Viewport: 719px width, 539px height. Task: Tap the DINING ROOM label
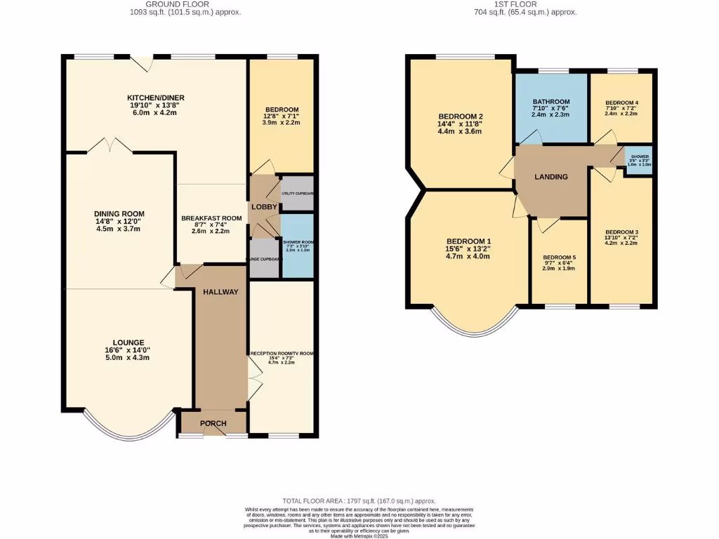coord(119,214)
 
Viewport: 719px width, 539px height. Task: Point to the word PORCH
coord(213,423)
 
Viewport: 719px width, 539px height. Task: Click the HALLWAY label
coord(220,292)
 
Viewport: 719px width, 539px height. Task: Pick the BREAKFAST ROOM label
coord(211,218)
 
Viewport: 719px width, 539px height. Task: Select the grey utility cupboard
coord(296,193)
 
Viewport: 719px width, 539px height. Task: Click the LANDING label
coord(551,177)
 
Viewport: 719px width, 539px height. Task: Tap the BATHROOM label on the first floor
coord(551,102)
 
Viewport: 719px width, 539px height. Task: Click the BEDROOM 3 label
coord(621,232)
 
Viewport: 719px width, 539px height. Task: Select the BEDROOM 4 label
coord(621,103)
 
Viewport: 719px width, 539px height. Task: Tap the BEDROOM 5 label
coord(558,257)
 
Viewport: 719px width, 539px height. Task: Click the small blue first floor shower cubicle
coord(640,159)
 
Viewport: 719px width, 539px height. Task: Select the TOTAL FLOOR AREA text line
coord(359,500)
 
